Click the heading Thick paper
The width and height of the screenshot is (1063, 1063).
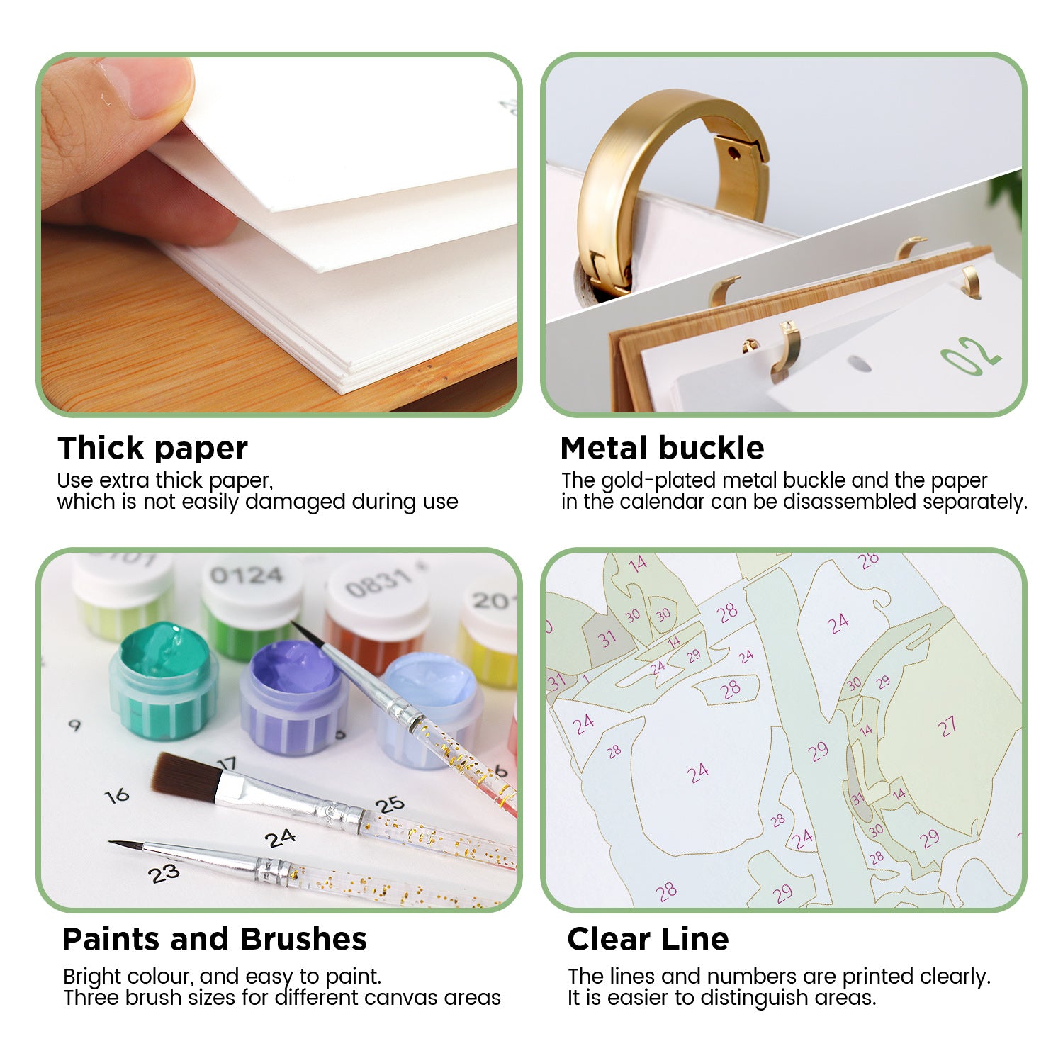click(152, 449)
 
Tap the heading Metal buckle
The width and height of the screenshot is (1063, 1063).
click(662, 449)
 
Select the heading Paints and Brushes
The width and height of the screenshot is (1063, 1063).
click(214, 939)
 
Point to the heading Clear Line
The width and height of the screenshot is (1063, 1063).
click(648, 939)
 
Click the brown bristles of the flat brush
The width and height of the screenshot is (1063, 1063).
click(186, 777)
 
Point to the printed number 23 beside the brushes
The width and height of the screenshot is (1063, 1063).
click(164, 874)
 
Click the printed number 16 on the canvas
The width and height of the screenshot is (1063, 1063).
click(117, 795)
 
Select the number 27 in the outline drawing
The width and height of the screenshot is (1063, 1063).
click(947, 726)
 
